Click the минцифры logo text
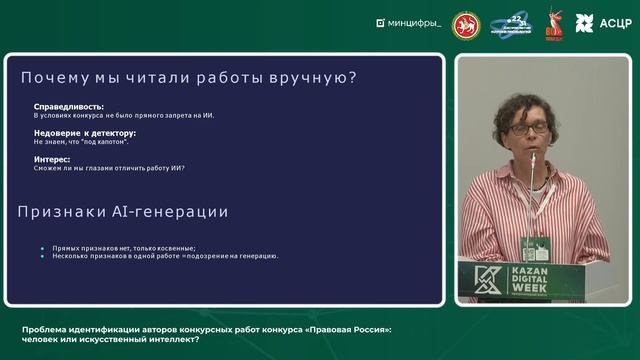pos(413,22)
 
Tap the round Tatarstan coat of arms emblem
pos(466,22)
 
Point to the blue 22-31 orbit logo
pos(512,22)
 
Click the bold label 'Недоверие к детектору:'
pos(85,133)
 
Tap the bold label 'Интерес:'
pos(51,158)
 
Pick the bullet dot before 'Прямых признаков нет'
pos(42,247)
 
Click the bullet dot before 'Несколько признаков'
pos(42,256)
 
